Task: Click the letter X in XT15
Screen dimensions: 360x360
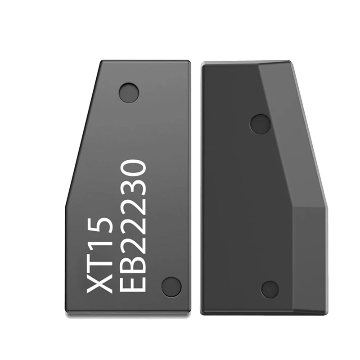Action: tap(98, 284)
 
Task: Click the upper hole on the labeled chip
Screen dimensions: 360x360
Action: tap(129, 92)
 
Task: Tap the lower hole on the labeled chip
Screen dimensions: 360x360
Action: tap(171, 286)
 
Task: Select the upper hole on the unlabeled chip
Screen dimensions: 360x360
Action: tap(260, 124)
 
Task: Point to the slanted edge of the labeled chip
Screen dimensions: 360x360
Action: tap(81, 135)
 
